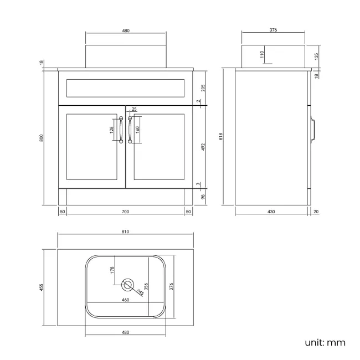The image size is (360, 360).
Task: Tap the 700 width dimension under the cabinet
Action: [x=125, y=212]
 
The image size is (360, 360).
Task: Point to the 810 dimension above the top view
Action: [x=125, y=232]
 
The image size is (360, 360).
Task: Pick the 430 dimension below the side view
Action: [x=271, y=212]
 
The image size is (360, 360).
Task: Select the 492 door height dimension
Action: [x=203, y=147]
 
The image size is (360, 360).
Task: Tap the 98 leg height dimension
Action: [x=203, y=197]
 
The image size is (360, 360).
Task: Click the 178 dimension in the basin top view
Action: [x=111, y=270]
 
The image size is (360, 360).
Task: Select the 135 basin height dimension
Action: [x=316, y=56]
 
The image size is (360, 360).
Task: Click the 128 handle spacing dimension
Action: [x=111, y=130]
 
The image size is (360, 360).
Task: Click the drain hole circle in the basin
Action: [x=128, y=286]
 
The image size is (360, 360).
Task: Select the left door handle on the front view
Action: [x=121, y=130]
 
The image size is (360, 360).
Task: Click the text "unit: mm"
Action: [x=325, y=343]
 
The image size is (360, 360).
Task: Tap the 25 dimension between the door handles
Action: [x=134, y=110]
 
